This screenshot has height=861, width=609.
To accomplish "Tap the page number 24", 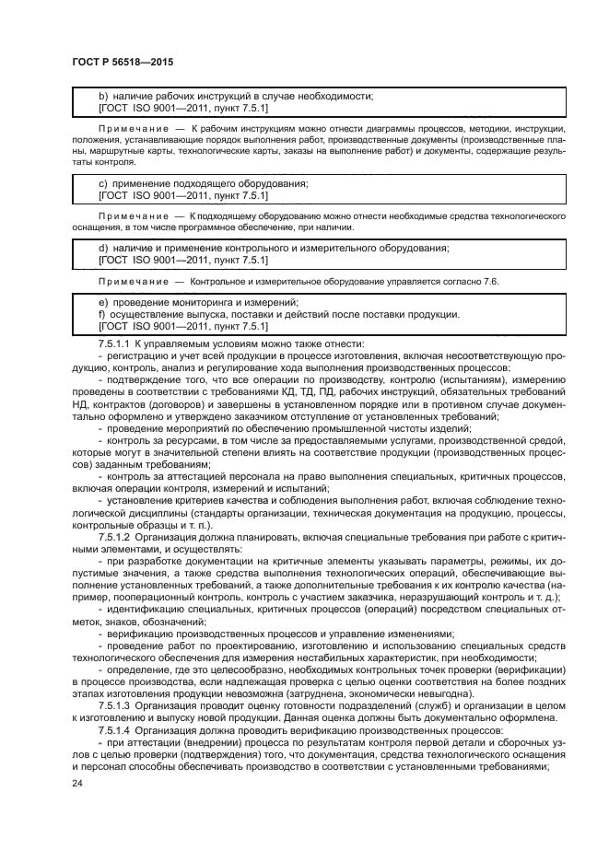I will pyautogui.click(x=77, y=783).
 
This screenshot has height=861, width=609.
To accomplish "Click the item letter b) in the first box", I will pyautogui.click(x=103, y=96).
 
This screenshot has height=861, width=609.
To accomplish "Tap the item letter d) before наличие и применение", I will pyautogui.click(x=103, y=248).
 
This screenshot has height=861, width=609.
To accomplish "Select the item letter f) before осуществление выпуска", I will pyautogui.click(x=102, y=314).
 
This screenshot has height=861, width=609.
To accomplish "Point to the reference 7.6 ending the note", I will pyautogui.click(x=489, y=280).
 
